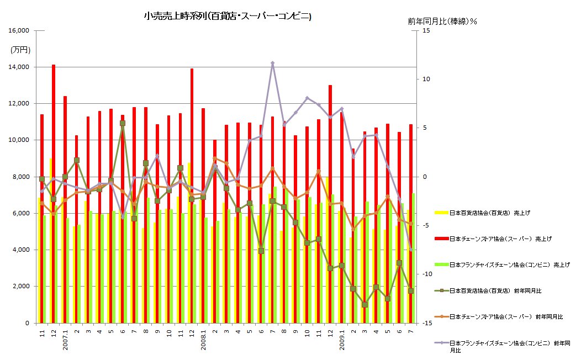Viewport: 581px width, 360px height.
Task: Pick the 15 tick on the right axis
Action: coord(425,31)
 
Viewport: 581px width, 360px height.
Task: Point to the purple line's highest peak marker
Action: coord(273,63)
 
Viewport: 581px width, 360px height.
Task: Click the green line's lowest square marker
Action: coord(365,305)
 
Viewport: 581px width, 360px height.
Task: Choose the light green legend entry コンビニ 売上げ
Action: coord(508,264)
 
